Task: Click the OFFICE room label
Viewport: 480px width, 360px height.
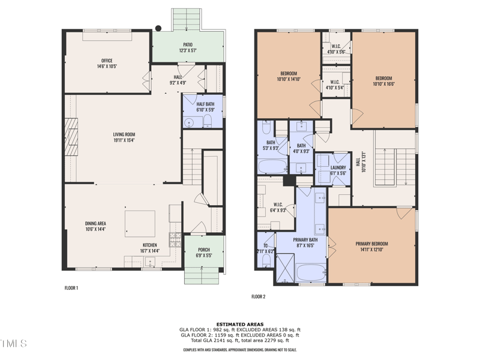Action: pos(107,61)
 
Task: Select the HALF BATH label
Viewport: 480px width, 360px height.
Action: pos(205,104)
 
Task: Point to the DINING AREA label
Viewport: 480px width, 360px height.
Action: pos(95,224)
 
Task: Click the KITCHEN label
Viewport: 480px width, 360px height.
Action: pos(150,244)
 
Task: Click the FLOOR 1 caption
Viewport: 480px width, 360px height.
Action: pos(71,288)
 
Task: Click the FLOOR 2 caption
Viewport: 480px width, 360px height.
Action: pos(258,296)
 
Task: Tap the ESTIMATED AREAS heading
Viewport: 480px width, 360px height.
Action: pos(240,324)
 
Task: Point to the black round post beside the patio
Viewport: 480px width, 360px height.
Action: pos(158,28)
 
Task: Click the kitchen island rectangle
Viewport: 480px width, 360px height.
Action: pos(140,223)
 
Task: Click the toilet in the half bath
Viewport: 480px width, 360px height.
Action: pos(208,122)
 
